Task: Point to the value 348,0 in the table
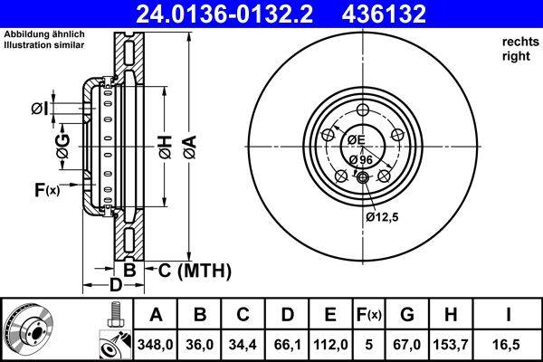[157, 344]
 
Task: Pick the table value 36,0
[201, 344]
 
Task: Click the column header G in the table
[407, 315]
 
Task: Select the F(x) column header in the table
[368, 315]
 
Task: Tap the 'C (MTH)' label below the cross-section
[195, 271]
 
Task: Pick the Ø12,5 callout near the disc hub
[381, 216]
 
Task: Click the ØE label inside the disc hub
[354, 139]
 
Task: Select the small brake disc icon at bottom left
[26, 329]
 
